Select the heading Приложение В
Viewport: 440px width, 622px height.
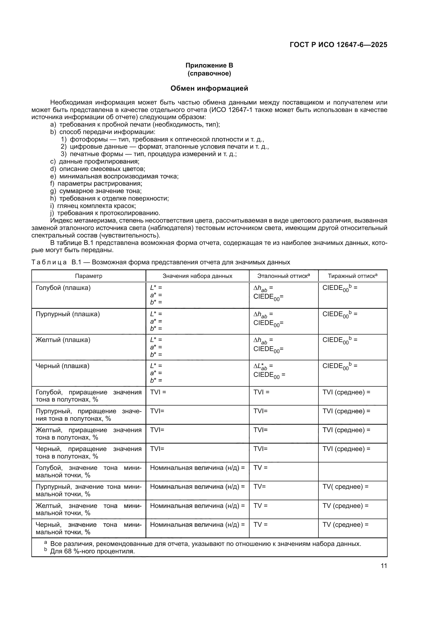click(209, 65)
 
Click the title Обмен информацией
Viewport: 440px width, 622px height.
click(209, 88)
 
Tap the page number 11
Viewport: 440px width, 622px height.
click(384, 566)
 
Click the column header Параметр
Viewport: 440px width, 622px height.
click(89, 276)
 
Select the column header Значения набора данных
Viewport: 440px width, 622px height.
click(197, 276)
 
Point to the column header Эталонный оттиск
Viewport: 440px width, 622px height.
click(283, 276)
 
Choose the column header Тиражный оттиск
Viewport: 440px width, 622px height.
click(352, 276)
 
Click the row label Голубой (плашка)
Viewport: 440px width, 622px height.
click(63, 288)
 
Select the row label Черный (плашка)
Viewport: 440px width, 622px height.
click(62, 366)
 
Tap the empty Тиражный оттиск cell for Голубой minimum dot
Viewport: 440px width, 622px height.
click(352, 471)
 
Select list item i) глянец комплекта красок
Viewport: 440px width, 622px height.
click(97, 206)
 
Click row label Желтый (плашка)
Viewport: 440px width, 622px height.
click(63, 340)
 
